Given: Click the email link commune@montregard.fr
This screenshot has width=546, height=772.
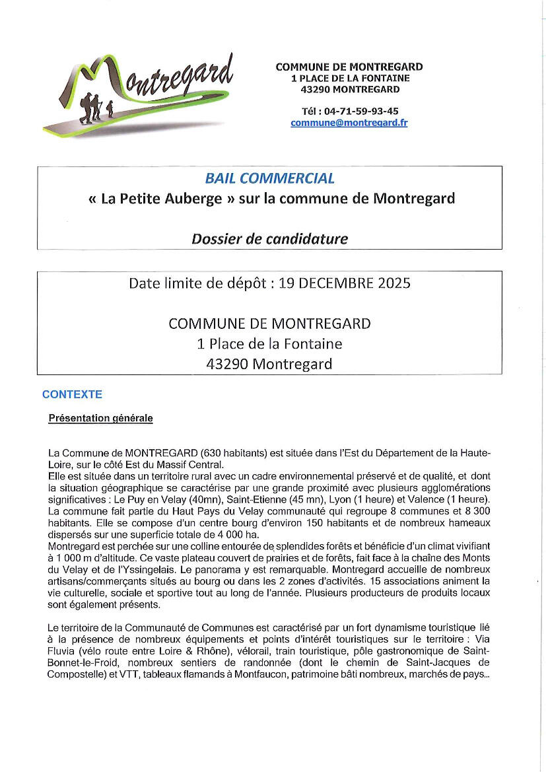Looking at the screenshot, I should click(349, 123).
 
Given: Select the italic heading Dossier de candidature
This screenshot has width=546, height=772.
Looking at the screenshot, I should click(269, 238).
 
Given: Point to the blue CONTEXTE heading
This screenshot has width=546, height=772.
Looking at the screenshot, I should click(72, 394).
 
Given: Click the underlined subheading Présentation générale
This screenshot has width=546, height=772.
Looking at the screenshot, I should click(100, 418).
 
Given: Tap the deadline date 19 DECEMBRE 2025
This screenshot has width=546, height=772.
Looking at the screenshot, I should click(345, 284).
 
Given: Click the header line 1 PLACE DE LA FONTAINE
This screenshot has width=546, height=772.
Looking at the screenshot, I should click(350, 78).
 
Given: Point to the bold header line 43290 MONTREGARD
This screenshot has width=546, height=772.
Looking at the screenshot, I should click(350, 89).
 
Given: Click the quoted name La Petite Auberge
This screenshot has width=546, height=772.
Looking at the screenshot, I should click(162, 199).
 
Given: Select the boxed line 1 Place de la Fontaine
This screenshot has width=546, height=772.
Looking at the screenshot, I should click(269, 343).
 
